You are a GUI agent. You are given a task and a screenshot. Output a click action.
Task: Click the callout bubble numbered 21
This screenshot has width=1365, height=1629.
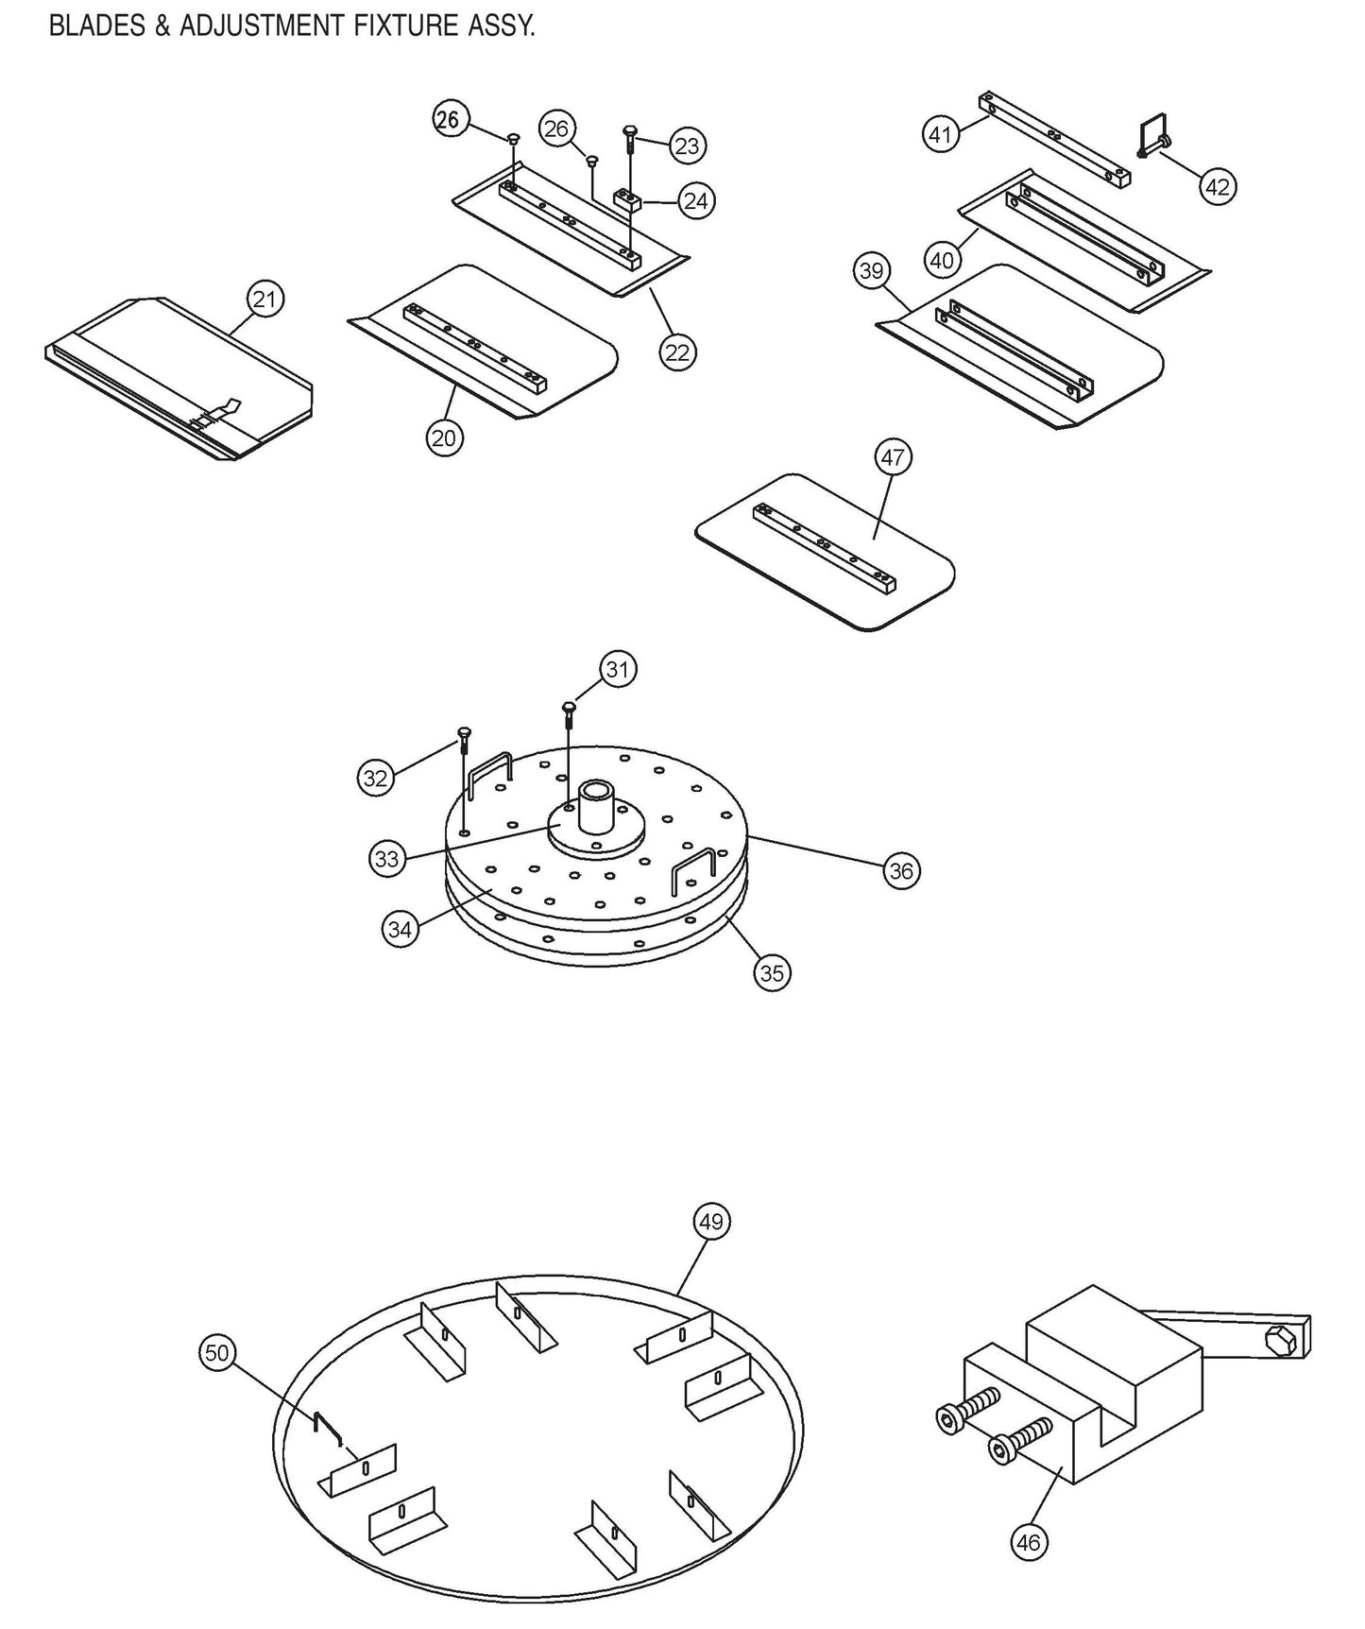point(265,300)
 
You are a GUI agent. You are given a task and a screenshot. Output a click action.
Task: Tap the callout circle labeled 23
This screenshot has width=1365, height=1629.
point(687,146)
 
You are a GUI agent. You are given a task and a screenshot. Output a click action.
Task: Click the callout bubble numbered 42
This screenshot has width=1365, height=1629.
point(1218,187)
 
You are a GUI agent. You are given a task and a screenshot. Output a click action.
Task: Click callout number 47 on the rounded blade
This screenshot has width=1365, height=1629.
point(893,458)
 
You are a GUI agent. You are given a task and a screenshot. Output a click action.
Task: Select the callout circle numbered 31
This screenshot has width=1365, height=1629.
point(617,670)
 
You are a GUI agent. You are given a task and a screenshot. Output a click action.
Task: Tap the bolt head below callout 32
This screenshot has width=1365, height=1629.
point(463,733)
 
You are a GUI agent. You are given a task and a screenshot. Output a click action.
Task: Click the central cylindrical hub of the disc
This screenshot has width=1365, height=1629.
point(596,805)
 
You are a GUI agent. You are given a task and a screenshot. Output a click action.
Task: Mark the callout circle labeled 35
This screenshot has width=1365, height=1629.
point(772,972)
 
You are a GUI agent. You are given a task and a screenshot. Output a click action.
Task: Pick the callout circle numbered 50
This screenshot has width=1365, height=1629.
point(217,1353)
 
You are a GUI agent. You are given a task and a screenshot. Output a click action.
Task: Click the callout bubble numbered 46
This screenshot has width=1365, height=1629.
point(1029,1543)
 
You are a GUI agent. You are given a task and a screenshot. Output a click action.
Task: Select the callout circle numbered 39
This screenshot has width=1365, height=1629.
point(871,271)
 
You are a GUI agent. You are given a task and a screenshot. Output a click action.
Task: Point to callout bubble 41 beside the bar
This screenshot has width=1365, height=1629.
point(940,134)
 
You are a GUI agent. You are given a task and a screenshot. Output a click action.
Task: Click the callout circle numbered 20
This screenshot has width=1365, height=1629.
point(443,437)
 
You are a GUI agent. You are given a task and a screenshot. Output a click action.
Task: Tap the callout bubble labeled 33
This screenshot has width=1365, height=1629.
point(387,859)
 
